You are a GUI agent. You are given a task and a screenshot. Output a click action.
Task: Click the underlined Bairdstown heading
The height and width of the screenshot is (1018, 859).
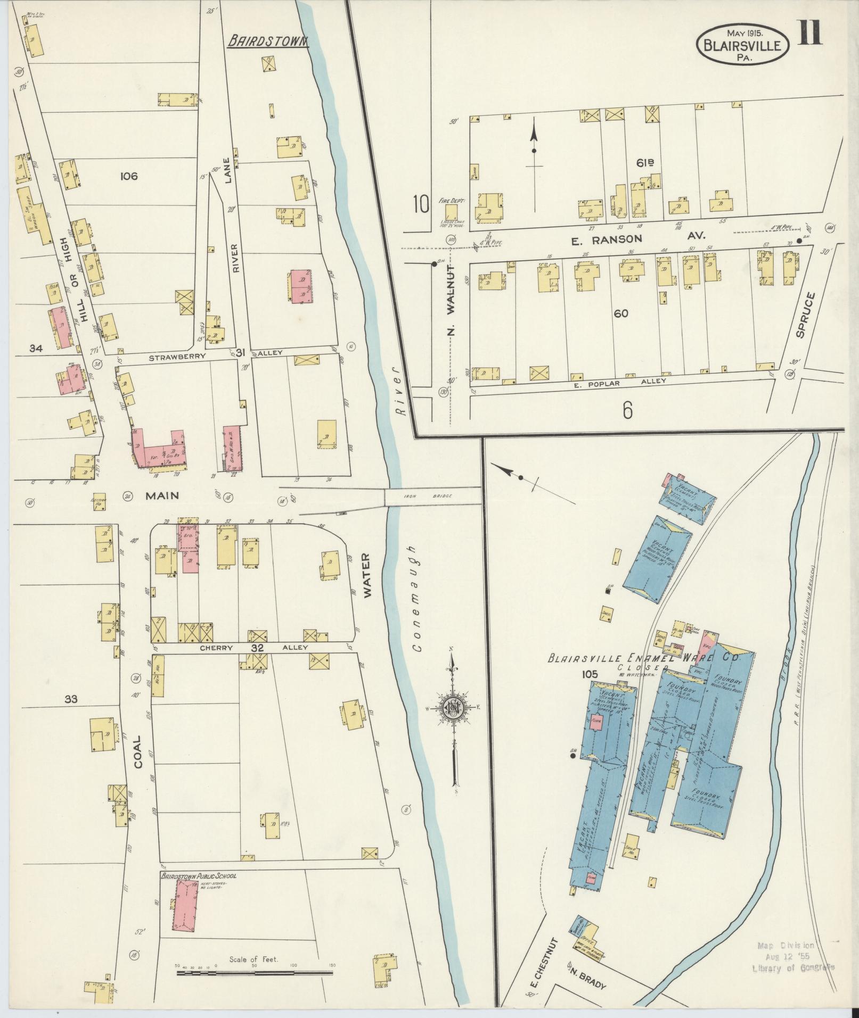click(x=268, y=41)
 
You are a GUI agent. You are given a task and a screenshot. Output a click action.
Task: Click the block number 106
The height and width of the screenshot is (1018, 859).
click(x=128, y=176)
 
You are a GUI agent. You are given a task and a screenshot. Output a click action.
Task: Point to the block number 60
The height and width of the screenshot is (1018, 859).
click(x=620, y=313)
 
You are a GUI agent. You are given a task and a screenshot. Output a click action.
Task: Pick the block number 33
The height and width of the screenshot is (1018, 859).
click(x=70, y=699)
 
